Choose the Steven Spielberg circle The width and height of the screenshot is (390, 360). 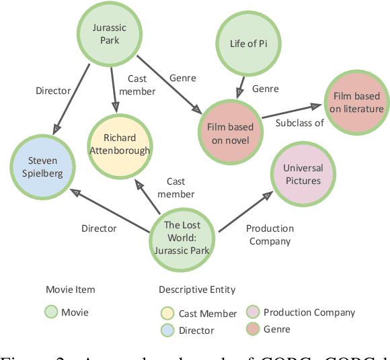[42, 167]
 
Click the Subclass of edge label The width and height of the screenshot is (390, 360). [299, 123]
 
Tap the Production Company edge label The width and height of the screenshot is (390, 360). [270, 234]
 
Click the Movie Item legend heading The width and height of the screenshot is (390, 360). [70, 289]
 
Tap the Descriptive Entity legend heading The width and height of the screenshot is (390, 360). [197, 289]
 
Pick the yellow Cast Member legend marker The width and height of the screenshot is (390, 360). [168, 313]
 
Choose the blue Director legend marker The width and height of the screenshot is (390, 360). [168, 330]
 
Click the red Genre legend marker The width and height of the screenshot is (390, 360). [253, 328]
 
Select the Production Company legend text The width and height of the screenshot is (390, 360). [309, 312]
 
